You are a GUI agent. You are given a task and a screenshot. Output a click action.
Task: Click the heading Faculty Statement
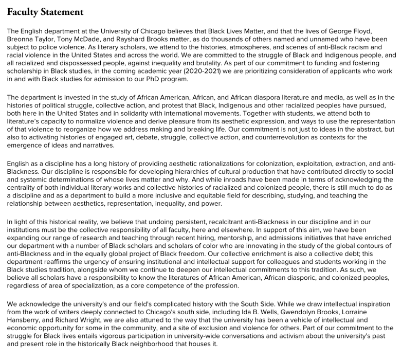[45, 11]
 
